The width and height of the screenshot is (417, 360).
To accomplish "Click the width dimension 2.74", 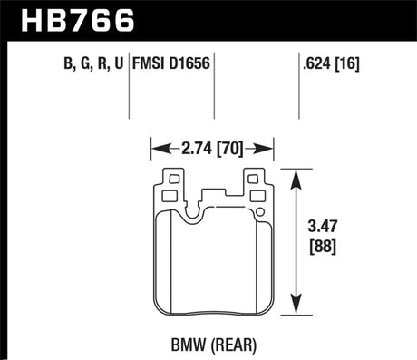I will pyautogui.click(x=192, y=144).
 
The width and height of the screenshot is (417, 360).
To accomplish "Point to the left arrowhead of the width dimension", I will pyautogui.click(x=156, y=144).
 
